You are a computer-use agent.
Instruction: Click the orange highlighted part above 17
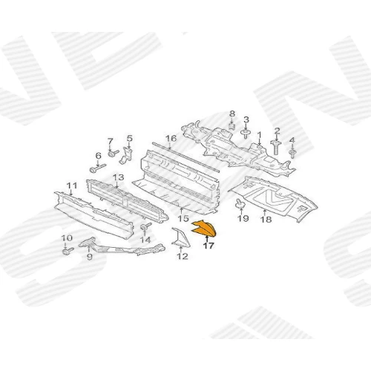tap(204, 229)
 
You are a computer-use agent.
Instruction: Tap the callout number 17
tap(209, 246)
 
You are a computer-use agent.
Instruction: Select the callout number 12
tap(183, 256)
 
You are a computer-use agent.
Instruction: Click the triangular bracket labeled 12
tap(181, 238)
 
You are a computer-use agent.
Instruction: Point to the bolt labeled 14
tap(146, 227)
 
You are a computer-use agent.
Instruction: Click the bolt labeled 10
tap(68, 251)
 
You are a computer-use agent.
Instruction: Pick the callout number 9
tap(90, 257)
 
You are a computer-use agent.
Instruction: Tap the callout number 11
tap(72, 185)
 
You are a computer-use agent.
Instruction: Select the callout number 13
tap(118, 177)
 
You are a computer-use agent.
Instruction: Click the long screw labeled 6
tap(98, 168)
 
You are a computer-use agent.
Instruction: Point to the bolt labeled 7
tap(114, 153)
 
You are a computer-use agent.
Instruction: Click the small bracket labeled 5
tap(126, 155)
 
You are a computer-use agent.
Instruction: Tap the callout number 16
tap(171, 138)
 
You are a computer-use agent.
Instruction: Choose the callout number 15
tap(183, 218)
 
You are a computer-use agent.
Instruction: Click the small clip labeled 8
tap(232, 126)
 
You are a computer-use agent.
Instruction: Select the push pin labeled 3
tap(246, 134)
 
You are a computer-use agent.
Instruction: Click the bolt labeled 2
tap(276, 148)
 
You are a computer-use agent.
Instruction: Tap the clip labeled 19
tap(240, 203)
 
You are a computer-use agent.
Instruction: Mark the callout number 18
tap(266, 219)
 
